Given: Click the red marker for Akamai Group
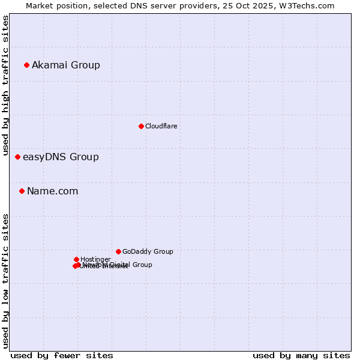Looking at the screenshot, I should tap(26, 65).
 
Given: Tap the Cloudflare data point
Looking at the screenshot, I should tap(141, 126).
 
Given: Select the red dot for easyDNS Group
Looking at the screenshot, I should tap(17, 157).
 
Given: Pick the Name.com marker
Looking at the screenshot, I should tap(22, 191).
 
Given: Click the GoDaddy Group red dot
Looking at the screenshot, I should tap(118, 251).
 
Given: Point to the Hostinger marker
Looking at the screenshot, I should tap(76, 259).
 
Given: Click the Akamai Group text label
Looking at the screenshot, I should tap(66, 65).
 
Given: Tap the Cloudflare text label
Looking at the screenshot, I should tap(161, 126).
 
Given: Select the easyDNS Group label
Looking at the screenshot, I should tap(61, 157).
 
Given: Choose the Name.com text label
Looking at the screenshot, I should tap(52, 191).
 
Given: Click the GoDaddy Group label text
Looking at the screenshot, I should tap(147, 251).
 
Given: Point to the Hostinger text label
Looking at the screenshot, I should tap(95, 259).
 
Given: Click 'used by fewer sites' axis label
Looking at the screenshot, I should tap(62, 355).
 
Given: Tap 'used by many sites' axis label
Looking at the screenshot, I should tap(301, 355).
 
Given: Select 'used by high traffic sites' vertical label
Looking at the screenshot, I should tap(6, 85).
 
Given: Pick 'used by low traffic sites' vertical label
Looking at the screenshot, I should tap(6, 281).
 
